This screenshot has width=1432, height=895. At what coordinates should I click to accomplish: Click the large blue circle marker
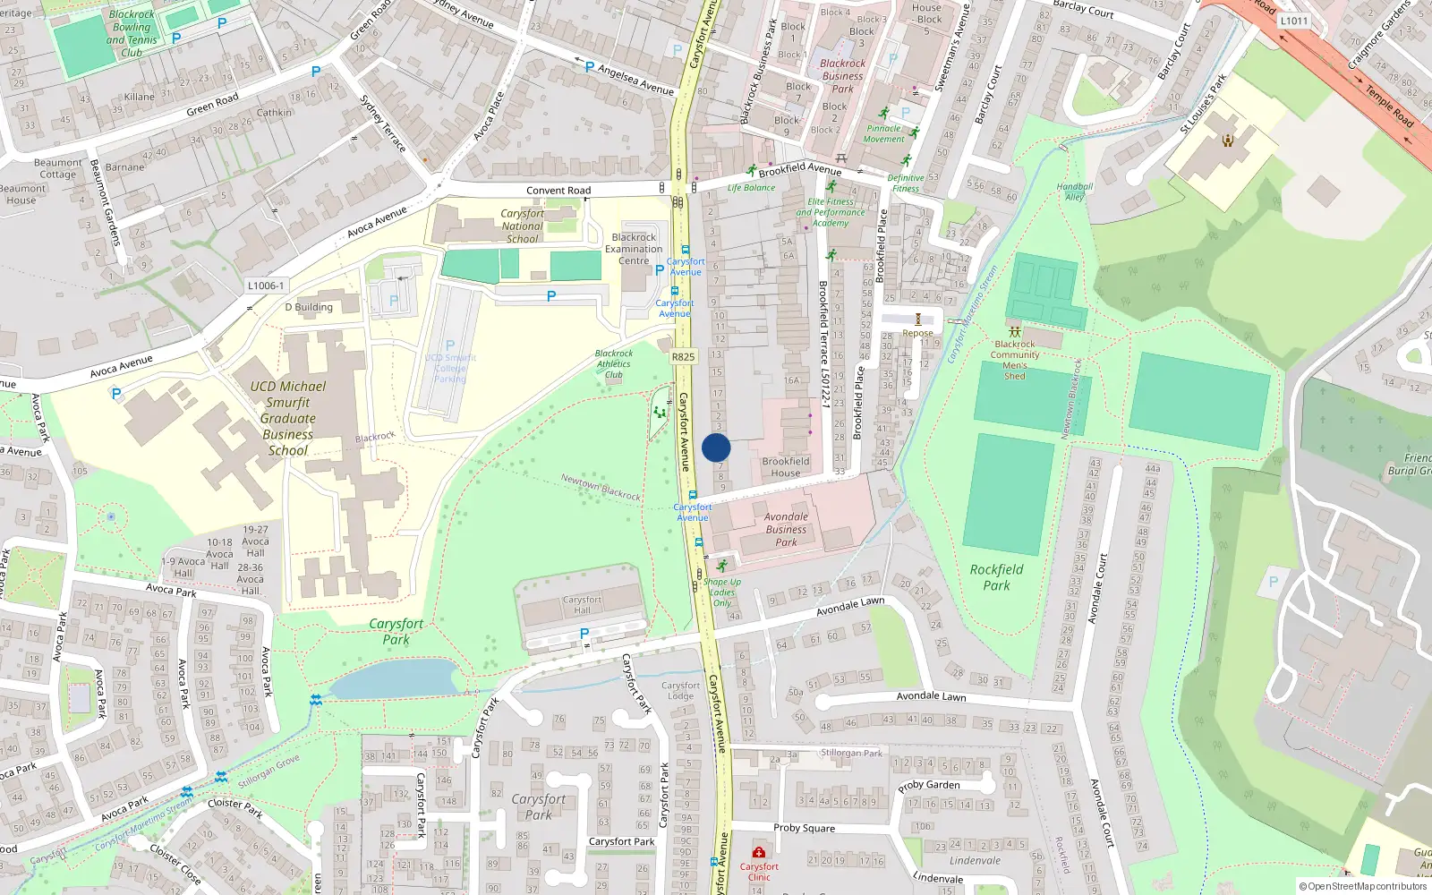716,447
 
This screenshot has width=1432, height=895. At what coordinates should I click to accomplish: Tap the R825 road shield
683,356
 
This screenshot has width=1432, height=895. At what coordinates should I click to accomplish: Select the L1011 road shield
1293,21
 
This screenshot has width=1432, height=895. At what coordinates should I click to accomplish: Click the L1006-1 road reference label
266,286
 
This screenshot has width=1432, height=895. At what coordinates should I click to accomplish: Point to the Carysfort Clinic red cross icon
759,852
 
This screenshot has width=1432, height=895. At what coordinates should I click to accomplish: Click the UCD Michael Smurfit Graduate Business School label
288,418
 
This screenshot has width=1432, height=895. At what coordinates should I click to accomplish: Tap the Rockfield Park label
996,577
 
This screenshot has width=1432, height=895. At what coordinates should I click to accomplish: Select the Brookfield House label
786,467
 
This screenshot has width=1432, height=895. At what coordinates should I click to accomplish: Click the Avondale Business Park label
786,529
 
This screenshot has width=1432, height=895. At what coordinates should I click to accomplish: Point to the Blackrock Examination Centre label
634,250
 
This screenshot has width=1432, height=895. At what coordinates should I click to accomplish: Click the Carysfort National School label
523,226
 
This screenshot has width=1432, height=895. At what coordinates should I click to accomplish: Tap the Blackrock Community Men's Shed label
1015,360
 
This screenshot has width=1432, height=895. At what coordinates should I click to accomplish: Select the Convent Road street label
558,190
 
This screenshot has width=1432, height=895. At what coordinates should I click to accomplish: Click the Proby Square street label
804,828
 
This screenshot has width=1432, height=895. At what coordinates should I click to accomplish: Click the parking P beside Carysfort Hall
584,634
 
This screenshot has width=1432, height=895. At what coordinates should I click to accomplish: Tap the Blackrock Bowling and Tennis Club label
132,33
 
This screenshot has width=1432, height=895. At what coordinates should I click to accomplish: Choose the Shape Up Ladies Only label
722,592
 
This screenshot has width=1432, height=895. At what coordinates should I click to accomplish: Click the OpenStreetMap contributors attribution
1362,886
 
